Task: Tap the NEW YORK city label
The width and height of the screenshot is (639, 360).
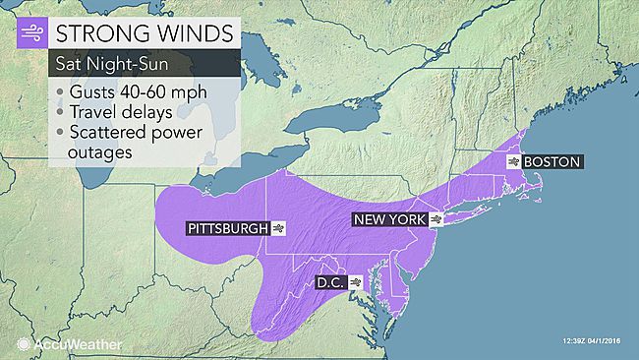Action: click(389, 220)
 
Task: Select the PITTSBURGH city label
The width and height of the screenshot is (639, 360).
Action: click(227, 229)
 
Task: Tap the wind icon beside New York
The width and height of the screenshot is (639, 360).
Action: click(436, 220)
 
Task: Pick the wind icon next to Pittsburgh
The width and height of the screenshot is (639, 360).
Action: click(279, 229)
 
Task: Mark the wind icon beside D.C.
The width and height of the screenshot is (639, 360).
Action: click(355, 281)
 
